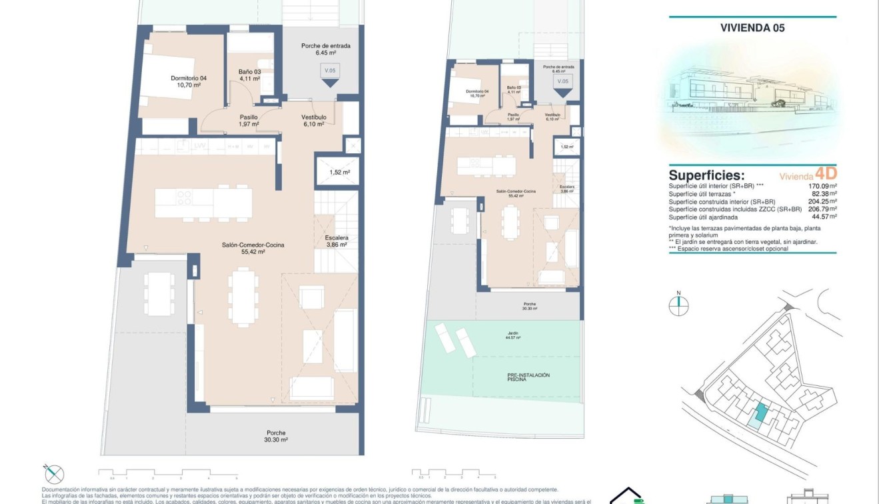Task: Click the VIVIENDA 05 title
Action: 752,28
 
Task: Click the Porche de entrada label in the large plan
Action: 326,49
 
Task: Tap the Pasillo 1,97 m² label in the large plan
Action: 249,120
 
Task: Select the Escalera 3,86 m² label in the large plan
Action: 337,241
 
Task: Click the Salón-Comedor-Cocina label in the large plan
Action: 253,249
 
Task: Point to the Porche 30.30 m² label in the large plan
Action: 276,436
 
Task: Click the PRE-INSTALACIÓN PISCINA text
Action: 528,378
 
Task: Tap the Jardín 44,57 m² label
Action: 512,335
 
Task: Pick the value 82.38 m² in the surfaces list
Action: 822,194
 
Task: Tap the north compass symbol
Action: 678,305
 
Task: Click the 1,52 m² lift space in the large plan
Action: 339,172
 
